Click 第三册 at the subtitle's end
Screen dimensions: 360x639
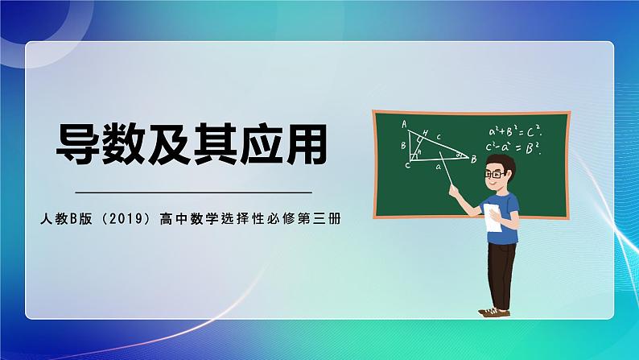(322, 218)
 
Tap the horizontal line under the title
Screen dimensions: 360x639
(192, 192)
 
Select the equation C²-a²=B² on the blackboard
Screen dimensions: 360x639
(513, 147)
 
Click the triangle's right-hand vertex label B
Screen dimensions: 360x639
(474, 159)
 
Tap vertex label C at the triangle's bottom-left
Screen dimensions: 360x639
(407, 165)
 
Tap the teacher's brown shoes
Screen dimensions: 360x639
(493, 311)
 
